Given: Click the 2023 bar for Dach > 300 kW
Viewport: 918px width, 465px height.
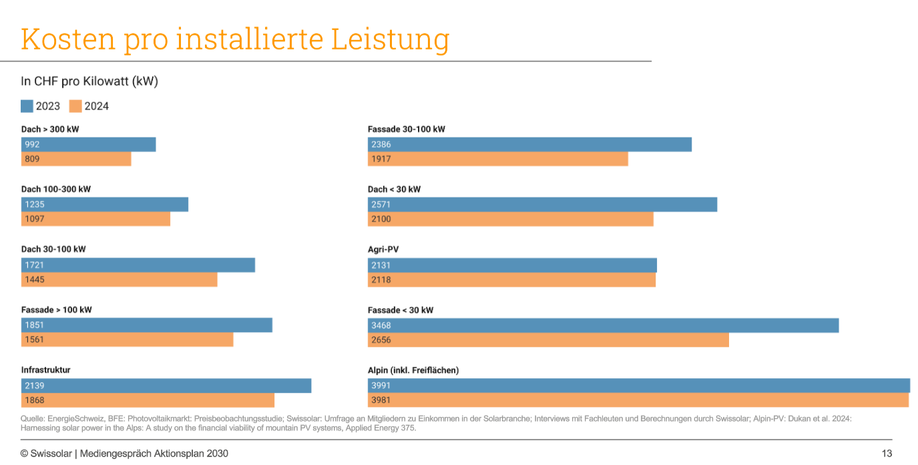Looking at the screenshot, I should (88, 145).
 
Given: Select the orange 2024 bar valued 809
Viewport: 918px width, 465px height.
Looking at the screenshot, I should (76, 159).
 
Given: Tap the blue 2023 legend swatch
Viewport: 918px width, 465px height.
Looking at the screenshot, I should (27, 106).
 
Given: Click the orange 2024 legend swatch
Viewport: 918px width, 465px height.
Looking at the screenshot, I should (75, 106).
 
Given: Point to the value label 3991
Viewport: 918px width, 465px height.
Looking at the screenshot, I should (381, 386).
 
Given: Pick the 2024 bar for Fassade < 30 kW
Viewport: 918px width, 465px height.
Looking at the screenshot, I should (547, 340).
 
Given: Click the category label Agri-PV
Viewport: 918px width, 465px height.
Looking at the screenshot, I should (383, 250).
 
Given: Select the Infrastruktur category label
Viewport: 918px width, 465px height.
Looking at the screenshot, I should (45, 370).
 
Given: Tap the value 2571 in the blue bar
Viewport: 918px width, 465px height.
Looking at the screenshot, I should (381, 205).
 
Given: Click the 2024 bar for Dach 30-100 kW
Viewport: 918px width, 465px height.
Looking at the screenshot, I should (119, 280).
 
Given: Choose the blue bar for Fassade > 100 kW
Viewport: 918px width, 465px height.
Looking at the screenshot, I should (147, 326).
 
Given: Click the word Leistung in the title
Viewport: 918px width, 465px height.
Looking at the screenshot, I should (390, 39).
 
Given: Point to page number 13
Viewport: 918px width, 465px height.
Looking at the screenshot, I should (887, 454).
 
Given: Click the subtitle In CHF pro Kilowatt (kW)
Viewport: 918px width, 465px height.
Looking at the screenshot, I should (89, 81).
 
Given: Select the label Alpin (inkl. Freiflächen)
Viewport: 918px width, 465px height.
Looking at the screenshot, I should (413, 370).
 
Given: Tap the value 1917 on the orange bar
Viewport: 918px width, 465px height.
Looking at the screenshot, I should (381, 159).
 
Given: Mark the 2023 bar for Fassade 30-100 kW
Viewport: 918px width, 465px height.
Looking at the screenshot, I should (529, 145).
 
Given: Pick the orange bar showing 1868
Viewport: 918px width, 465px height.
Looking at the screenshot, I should (148, 400).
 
